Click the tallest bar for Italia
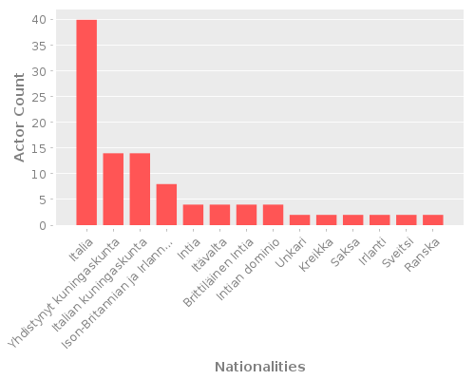point(86,123)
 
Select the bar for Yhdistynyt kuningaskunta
point(113,189)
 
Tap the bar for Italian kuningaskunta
point(140,189)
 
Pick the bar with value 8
point(166,204)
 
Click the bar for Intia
point(193,215)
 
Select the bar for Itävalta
point(219,215)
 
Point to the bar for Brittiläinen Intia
point(246,215)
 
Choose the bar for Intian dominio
point(273,215)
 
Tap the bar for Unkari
point(299,220)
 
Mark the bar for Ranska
point(432,220)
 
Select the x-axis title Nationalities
point(259,367)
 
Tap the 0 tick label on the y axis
point(44,225)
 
